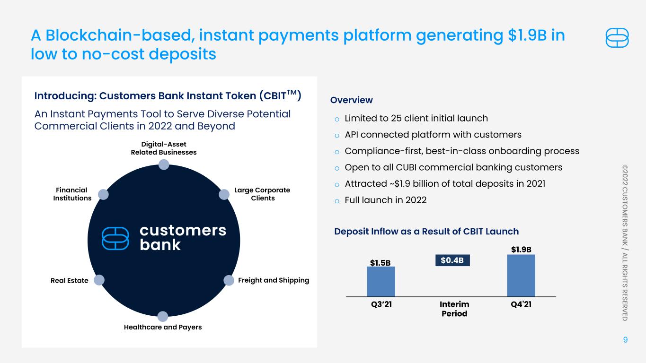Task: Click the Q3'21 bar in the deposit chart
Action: click(381, 282)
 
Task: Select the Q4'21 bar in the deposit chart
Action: click(521, 276)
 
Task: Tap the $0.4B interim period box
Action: click(452, 260)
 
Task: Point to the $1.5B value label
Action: click(381, 263)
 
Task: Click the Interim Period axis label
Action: click(454, 309)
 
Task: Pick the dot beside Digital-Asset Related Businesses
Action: click(164, 165)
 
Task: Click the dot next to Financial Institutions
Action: click(103, 194)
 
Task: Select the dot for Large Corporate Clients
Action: click(224, 194)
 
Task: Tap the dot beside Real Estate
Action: click(99, 280)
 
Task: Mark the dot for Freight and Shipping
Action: click(229, 280)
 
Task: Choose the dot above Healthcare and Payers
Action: click(163, 316)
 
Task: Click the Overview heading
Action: click(351, 100)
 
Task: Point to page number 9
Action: click(625, 340)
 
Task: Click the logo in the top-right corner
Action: click(617, 38)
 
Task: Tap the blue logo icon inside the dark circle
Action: click(115, 238)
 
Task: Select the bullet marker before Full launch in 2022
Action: click(337, 201)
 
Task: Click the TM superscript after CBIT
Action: click(292, 92)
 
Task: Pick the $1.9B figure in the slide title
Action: click(527, 35)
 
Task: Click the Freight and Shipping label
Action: click(274, 280)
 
